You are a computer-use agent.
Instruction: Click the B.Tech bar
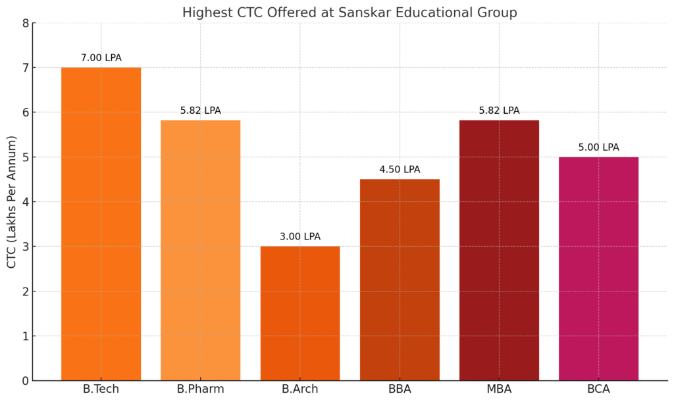pyautogui.click(x=101, y=224)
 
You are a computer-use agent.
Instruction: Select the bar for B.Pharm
pyautogui.click(x=200, y=250)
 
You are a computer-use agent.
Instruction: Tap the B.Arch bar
pyautogui.click(x=300, y=313)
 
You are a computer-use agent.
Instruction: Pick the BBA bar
pyautogui.click(x=400, y=280)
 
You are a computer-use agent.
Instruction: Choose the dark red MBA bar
pyautogui.click(x=499, y=250)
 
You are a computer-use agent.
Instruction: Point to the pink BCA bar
pyautogui.click(x=598, y=268)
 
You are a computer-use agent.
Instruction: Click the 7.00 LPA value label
pyautogui.click(x=101, y=58)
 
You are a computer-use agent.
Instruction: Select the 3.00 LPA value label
pyautogui.click(x=300, y=237)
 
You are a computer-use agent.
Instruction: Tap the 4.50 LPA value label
pyautogui.click(x=400, y=170)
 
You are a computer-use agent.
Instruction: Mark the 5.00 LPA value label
pyautogui.click(x=598, y=147)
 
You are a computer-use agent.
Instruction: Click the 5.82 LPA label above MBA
pyautogui.click(x=499, y=111)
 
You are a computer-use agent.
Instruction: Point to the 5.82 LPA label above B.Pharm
pyautogui.click(x=200, y=111)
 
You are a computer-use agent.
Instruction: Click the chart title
pyautogui.click(x=350, y=13)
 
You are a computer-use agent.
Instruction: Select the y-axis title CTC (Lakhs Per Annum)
pyautogui.click(x=12, y=201)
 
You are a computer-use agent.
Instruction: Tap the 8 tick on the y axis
pyautogui.click(x=25, y=23)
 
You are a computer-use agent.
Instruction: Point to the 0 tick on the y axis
pyautogui.click(x=25, y=381)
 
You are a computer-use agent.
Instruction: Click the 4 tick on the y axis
pyautogui.click(x=25, y=202)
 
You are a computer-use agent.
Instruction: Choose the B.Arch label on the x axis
pyautogui.click(x=300, y=389)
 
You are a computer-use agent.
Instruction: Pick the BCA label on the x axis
pyautogui.click(x=598, y=389)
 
